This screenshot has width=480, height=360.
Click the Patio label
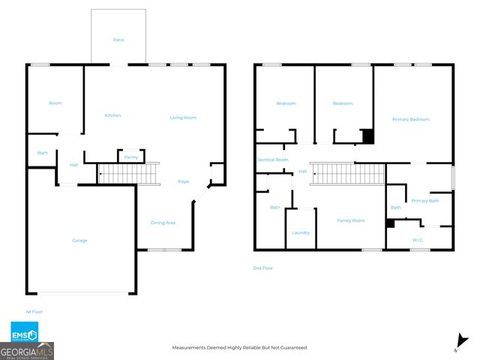[118, 40]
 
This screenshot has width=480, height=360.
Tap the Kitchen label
[113, 115]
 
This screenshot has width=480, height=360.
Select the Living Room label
[182, 117]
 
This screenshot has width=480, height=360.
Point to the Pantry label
[130, 157]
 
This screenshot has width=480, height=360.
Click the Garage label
[79, 241]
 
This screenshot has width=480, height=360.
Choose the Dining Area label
[164, 223]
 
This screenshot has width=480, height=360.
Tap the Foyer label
[184, 182]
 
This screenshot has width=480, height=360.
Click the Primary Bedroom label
[411, 119]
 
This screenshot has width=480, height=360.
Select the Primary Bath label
[424, 200]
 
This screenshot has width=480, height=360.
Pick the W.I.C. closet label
[418, 240]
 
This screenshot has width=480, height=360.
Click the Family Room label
[350, 220]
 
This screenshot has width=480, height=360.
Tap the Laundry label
[301, 232]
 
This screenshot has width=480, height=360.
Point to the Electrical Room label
[272, 160]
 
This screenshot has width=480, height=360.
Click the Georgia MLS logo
[27, 351]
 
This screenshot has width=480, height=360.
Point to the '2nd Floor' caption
[263, 268]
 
